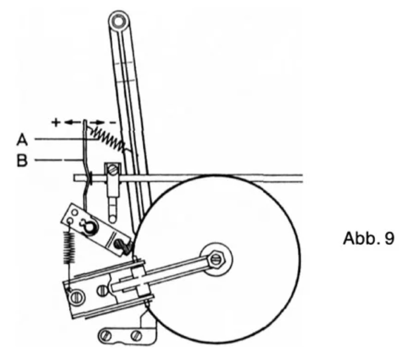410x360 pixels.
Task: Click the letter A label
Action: (x=22, y=140)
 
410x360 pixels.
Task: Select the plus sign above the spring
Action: (x=56, y=123)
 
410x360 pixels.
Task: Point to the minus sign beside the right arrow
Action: (x=114, y=122)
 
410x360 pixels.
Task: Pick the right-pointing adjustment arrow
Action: (x=97, y=122)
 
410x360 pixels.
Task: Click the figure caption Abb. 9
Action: (x=369, y=238)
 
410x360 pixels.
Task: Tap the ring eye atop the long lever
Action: (x=118, y=21)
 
